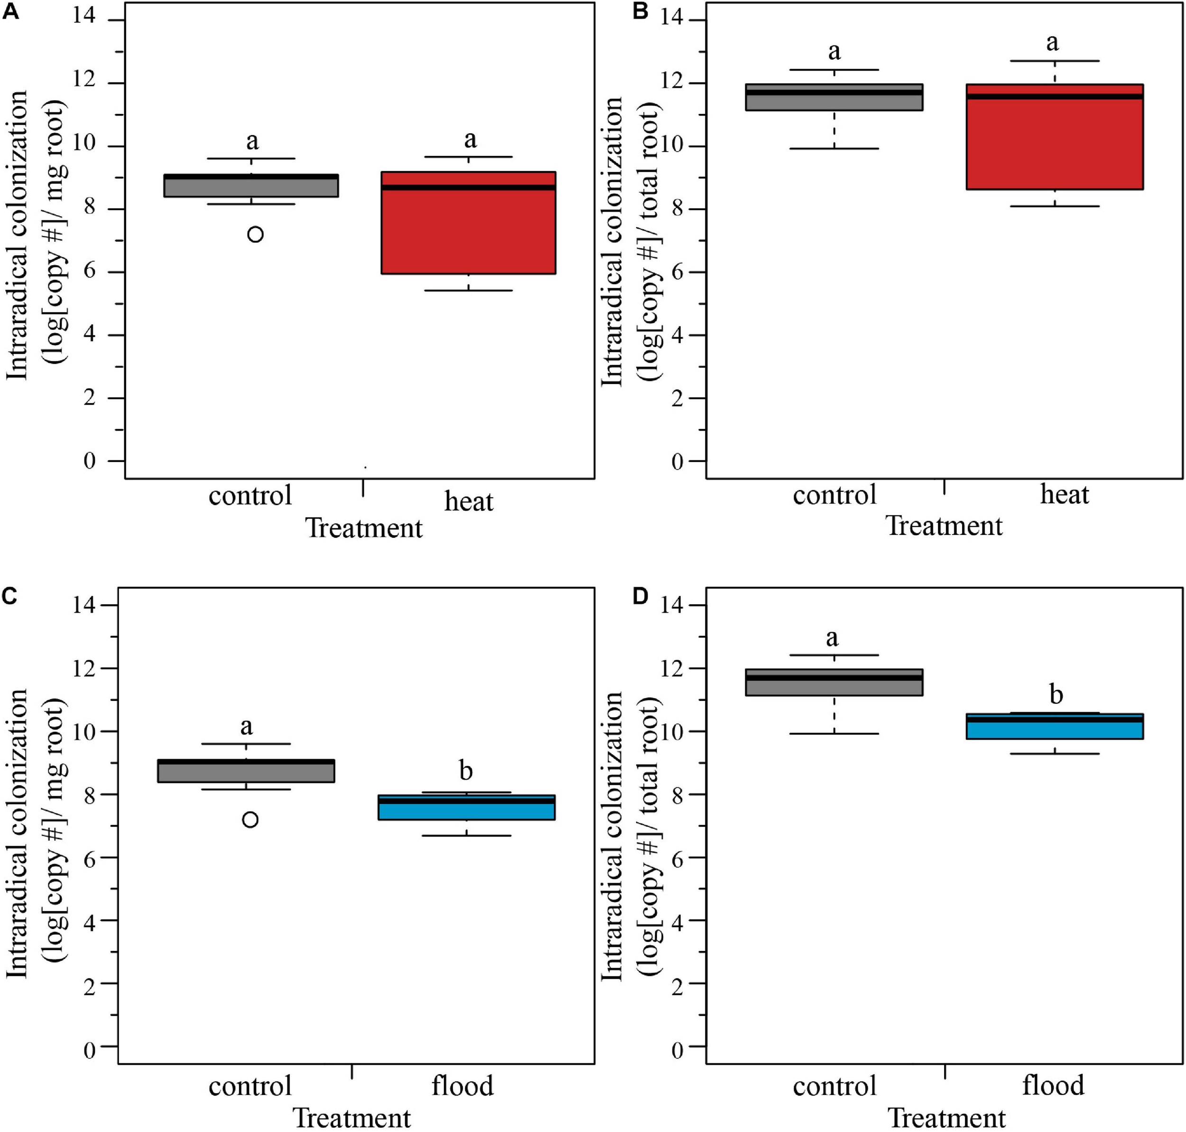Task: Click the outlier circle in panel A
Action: click(255, 234)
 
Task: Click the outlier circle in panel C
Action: click(250, 819)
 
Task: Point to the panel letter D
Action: click(640, 596)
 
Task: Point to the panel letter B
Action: click(640, 11)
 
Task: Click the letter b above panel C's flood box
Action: click(465, 771)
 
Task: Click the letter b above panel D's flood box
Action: click(1056, 695)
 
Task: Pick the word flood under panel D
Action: click(1053, 1086)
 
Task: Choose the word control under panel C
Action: click(250, 1086)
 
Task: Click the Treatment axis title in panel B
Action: click(944, 525)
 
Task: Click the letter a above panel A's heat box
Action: click(470, 139)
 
